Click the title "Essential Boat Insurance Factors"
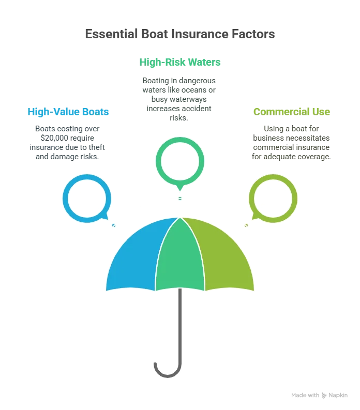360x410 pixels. pos(180,34)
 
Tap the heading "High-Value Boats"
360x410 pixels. pos(68,112)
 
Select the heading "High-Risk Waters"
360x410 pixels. pos(180,62)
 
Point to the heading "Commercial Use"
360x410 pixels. pos(292,112)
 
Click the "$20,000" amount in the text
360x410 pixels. pos(54,138)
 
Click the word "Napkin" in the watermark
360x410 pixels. pos(338,395)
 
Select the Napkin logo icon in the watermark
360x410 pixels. pos(324,396)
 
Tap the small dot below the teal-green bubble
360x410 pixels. pos(180,199)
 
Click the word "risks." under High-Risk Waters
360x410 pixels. pos(179,118)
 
